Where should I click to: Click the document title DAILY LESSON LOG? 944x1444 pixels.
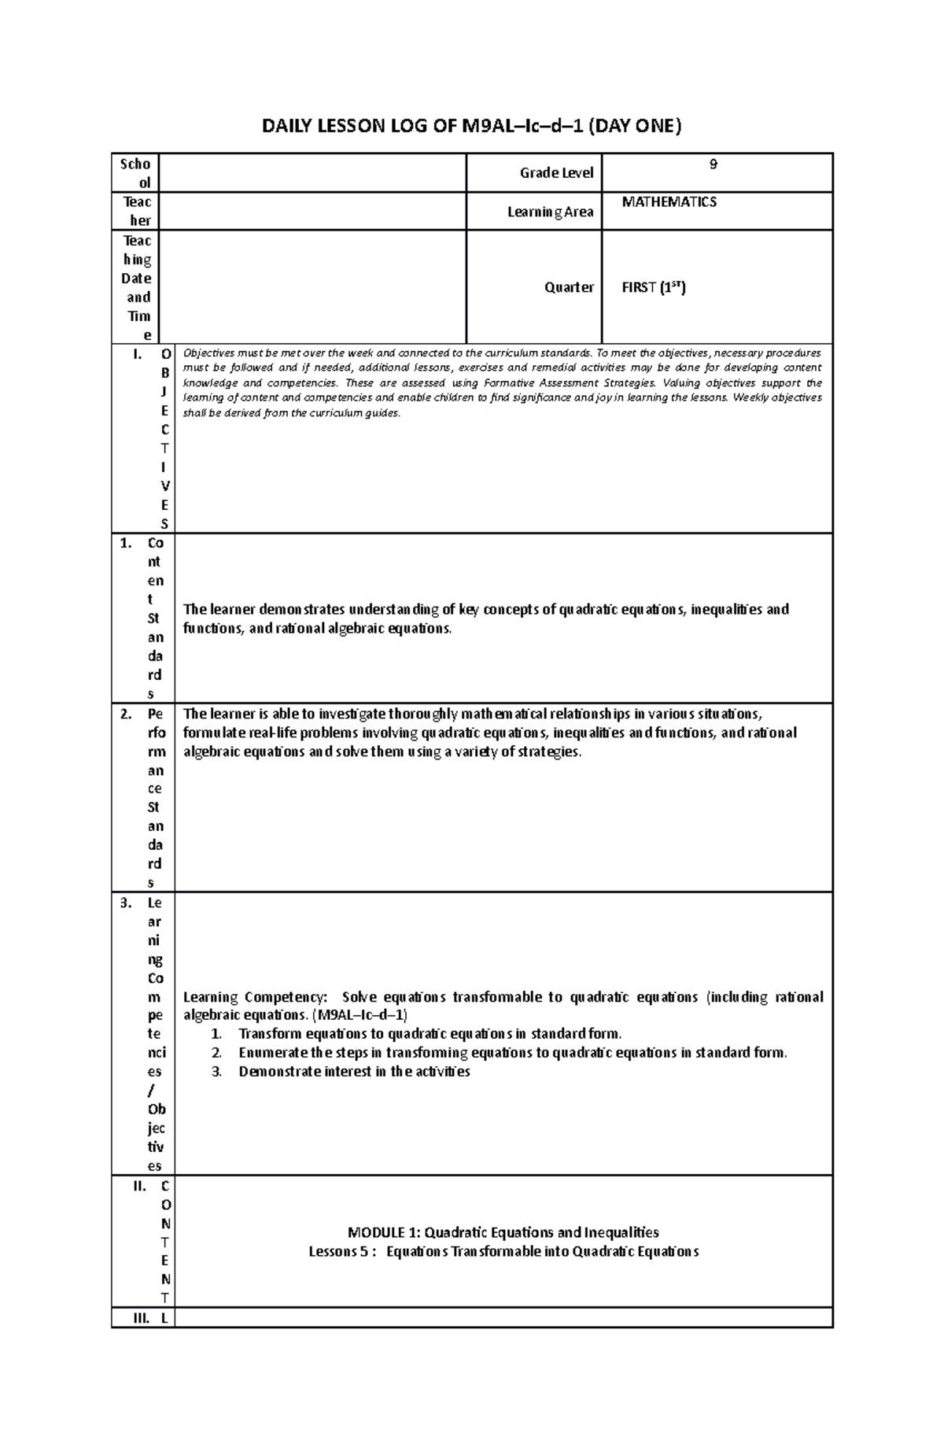click(471, 126)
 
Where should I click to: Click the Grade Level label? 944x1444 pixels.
click(556, 173)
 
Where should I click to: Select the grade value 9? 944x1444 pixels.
click(713, 165)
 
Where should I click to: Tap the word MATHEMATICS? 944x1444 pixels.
click(669, 202)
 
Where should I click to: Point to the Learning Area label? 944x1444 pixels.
click(550, 212)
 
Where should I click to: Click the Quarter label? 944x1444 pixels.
click(569, 287)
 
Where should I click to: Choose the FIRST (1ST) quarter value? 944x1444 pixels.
click(654, 287)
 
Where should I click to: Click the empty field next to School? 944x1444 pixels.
click(320, 173)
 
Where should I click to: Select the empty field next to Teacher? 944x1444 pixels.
click(320, 211)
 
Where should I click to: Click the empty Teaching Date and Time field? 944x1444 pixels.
click(320, 287)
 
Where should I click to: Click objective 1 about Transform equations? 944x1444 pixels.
click(430, 1034)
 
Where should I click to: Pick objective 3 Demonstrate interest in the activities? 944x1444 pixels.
click(354, 1072)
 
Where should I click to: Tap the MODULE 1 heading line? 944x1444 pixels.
click(503, 1232)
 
